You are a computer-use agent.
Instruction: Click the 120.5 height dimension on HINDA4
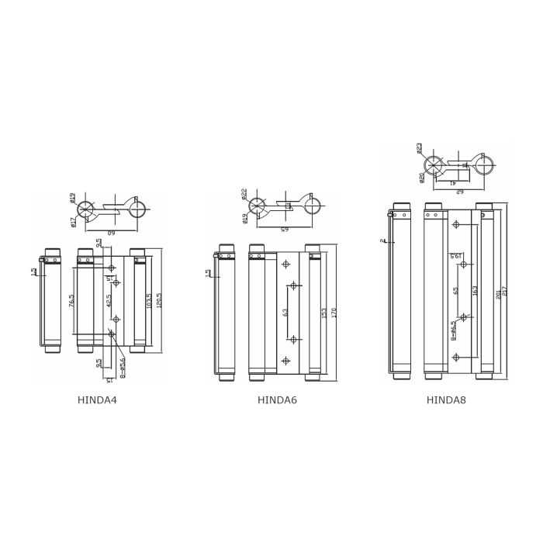point(159,300)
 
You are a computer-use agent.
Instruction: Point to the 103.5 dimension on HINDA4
point(148,300)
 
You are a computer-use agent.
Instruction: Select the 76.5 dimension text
point(72,301)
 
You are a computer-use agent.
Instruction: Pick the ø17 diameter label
point(73,222)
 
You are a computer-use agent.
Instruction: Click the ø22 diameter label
point(244,192)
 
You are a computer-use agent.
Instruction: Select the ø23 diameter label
point(420,147)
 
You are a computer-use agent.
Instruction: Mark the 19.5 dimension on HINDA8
point(455,257)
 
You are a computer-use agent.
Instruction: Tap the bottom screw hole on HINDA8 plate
point(456,357)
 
